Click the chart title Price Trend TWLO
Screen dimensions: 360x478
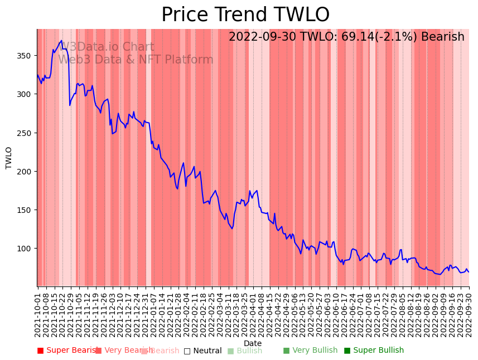pos(245,15)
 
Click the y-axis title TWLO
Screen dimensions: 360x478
pos(9,158)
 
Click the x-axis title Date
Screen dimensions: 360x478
pos(253,344)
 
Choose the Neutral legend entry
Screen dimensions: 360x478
pos(203,351)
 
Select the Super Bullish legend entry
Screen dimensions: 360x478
pos(374,351)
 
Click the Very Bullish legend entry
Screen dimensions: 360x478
pos(310,351)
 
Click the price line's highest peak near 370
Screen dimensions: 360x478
pos(61,41)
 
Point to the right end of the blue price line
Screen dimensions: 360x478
pos(469,272)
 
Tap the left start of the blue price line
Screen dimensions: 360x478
pos(37,75)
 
